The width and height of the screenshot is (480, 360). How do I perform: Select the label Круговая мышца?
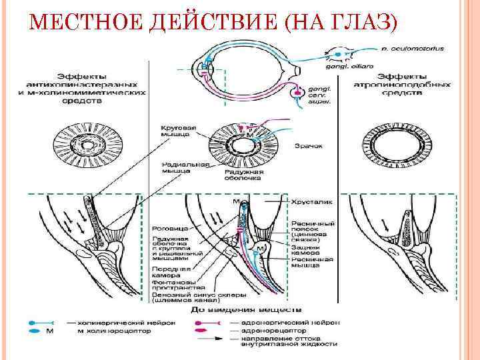tap(175, 130)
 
